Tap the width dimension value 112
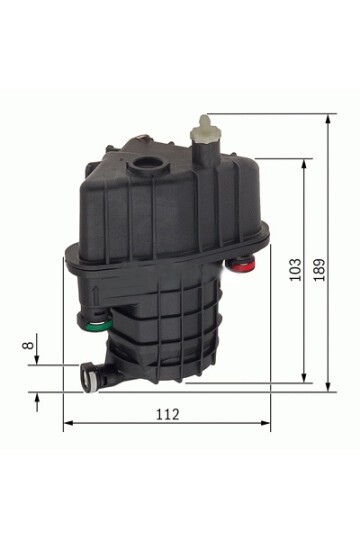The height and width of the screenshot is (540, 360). click(x=167, y=414)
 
